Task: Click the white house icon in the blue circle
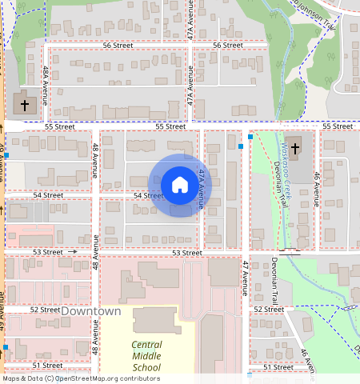coord(180,185)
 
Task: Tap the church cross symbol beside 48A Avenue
coord(24,104)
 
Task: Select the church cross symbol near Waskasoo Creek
coord(294,147)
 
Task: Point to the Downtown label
coord(91,311)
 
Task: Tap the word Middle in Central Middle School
coord(146,356)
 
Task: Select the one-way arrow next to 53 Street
coord(73,252)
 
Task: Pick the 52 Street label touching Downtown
coord(45,310)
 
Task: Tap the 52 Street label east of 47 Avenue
coord(268,309)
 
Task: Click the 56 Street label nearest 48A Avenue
coord(118,46)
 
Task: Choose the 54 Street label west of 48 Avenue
coord(48,195)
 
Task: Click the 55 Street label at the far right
coord(338,126)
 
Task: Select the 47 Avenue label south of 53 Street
coord(246,278)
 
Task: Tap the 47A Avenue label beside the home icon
coord(202,190)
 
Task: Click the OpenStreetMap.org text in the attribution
coord(96,378)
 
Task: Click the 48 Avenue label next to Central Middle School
coord(95,336)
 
